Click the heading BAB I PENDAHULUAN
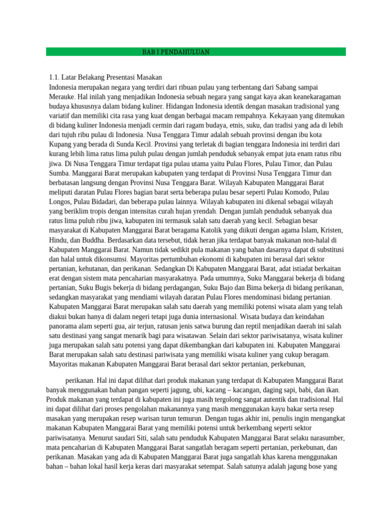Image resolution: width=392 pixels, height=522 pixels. pos(176,52)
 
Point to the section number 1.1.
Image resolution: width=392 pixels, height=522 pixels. pos(54,77)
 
